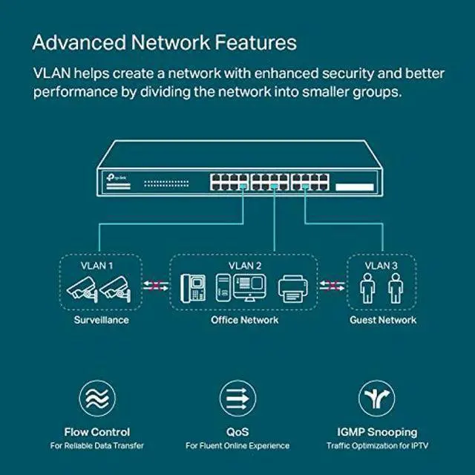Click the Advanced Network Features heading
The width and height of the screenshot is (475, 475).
click(164, 42)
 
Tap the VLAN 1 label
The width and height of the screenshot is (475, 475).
click(98, 264)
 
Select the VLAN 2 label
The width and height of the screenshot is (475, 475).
click(245, 264)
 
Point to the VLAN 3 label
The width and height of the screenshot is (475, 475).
click(382, 264)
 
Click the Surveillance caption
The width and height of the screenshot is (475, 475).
click(101, 320)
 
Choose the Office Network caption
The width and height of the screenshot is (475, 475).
click(245, 320)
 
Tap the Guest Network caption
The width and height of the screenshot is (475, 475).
click(383, 320)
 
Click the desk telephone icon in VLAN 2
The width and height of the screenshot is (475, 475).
click(194, 288)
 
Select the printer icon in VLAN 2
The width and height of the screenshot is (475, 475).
click(292, 289)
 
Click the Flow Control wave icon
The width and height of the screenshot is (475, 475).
click(97, 398)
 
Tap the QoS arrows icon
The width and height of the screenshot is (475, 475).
click(237, 398)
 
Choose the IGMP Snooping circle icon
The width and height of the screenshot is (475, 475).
click(377, 398)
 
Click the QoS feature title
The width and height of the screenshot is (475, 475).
click(237, 431)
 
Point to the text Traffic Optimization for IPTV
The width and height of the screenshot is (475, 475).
click(377, 446)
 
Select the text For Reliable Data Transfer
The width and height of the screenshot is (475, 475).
click(97, 446)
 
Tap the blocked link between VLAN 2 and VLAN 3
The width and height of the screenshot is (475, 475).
click(332, 284)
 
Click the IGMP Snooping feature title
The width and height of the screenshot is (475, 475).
click(377, 431)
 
